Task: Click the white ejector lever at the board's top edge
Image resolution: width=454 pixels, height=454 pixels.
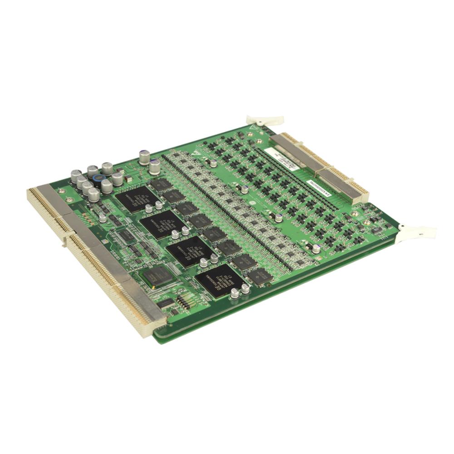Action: (x=265, y=120)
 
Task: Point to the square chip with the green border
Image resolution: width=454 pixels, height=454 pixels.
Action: (x=157, y=276)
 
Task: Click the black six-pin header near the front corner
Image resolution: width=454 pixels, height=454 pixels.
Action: (x=183, y=301)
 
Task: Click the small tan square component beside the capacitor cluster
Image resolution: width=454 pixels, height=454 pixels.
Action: (x=129, y=179)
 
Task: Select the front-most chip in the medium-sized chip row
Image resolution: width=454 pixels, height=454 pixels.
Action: (x=259, y=276)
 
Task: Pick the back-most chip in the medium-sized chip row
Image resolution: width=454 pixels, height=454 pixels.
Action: (x=161, y=184)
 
